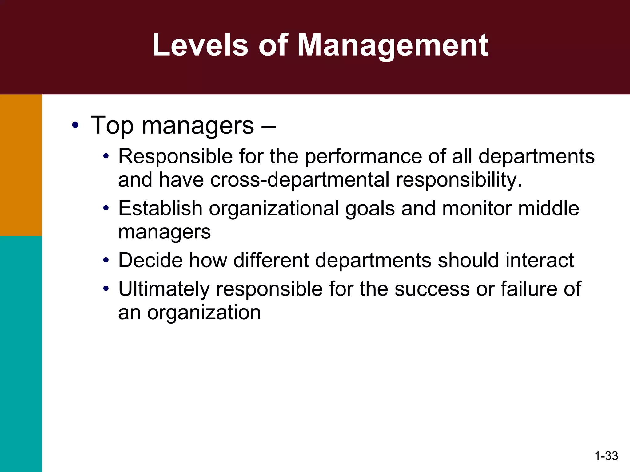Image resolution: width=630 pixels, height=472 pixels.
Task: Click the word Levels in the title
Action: tap(200, 45)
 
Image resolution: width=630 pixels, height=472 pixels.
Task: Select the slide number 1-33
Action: tap(606, 455)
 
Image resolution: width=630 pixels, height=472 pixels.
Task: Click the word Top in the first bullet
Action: tap(112, 125)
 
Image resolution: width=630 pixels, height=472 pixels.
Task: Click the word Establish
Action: tap(160, 208)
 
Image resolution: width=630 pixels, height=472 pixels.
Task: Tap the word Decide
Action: tap(150, 261)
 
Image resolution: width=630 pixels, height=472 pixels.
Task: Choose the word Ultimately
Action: tap(164, 289)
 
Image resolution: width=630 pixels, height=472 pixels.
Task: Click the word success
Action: tap(432, 289)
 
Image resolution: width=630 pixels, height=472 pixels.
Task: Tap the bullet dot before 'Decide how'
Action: tap(106, 261)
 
